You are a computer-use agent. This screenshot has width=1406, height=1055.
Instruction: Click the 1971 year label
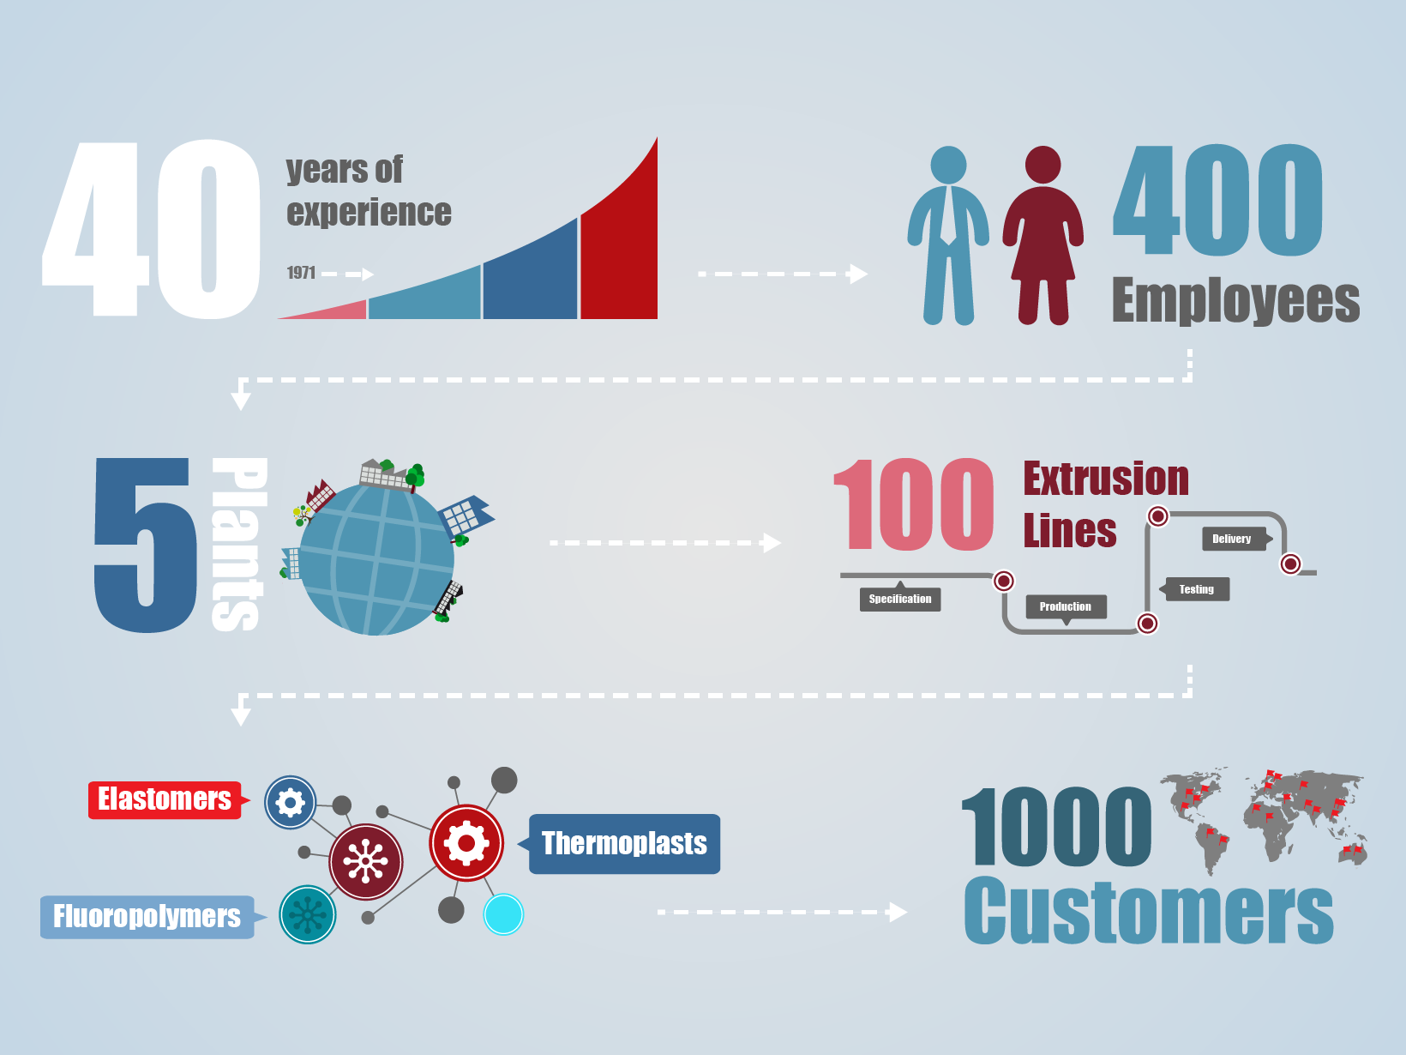tap(301, 273)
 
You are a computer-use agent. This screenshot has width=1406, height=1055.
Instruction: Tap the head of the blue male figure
tap(948, 165)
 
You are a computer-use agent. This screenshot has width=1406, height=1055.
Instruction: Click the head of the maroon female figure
tap(1042, 165)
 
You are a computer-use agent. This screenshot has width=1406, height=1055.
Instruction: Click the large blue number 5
tap(145, 545)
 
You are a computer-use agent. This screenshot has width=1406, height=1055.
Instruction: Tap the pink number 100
tap(914, 504)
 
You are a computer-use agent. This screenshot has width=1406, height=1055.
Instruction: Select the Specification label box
tap(900, 599)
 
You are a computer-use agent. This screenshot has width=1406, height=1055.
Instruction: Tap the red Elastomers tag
tap(165, 799)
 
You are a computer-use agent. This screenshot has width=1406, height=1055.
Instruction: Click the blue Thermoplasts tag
tap(623, 844)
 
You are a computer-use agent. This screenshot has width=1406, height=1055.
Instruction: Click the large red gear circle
tap(466, 843)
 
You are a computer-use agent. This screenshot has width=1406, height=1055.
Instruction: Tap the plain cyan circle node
tap(503, 914)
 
